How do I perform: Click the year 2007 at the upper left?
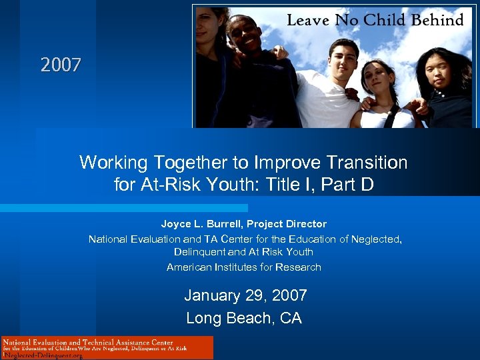point(61,65)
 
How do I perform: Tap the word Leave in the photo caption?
point(309,20)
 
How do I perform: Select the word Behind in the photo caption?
point(437,20)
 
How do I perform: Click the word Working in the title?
point(114,163)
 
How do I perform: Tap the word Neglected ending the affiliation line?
point(375,239)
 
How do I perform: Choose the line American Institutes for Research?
point(243,267)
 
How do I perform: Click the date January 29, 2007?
point(245,295)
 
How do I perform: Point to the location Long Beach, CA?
point(243,318)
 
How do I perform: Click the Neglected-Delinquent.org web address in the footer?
point(43,355)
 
